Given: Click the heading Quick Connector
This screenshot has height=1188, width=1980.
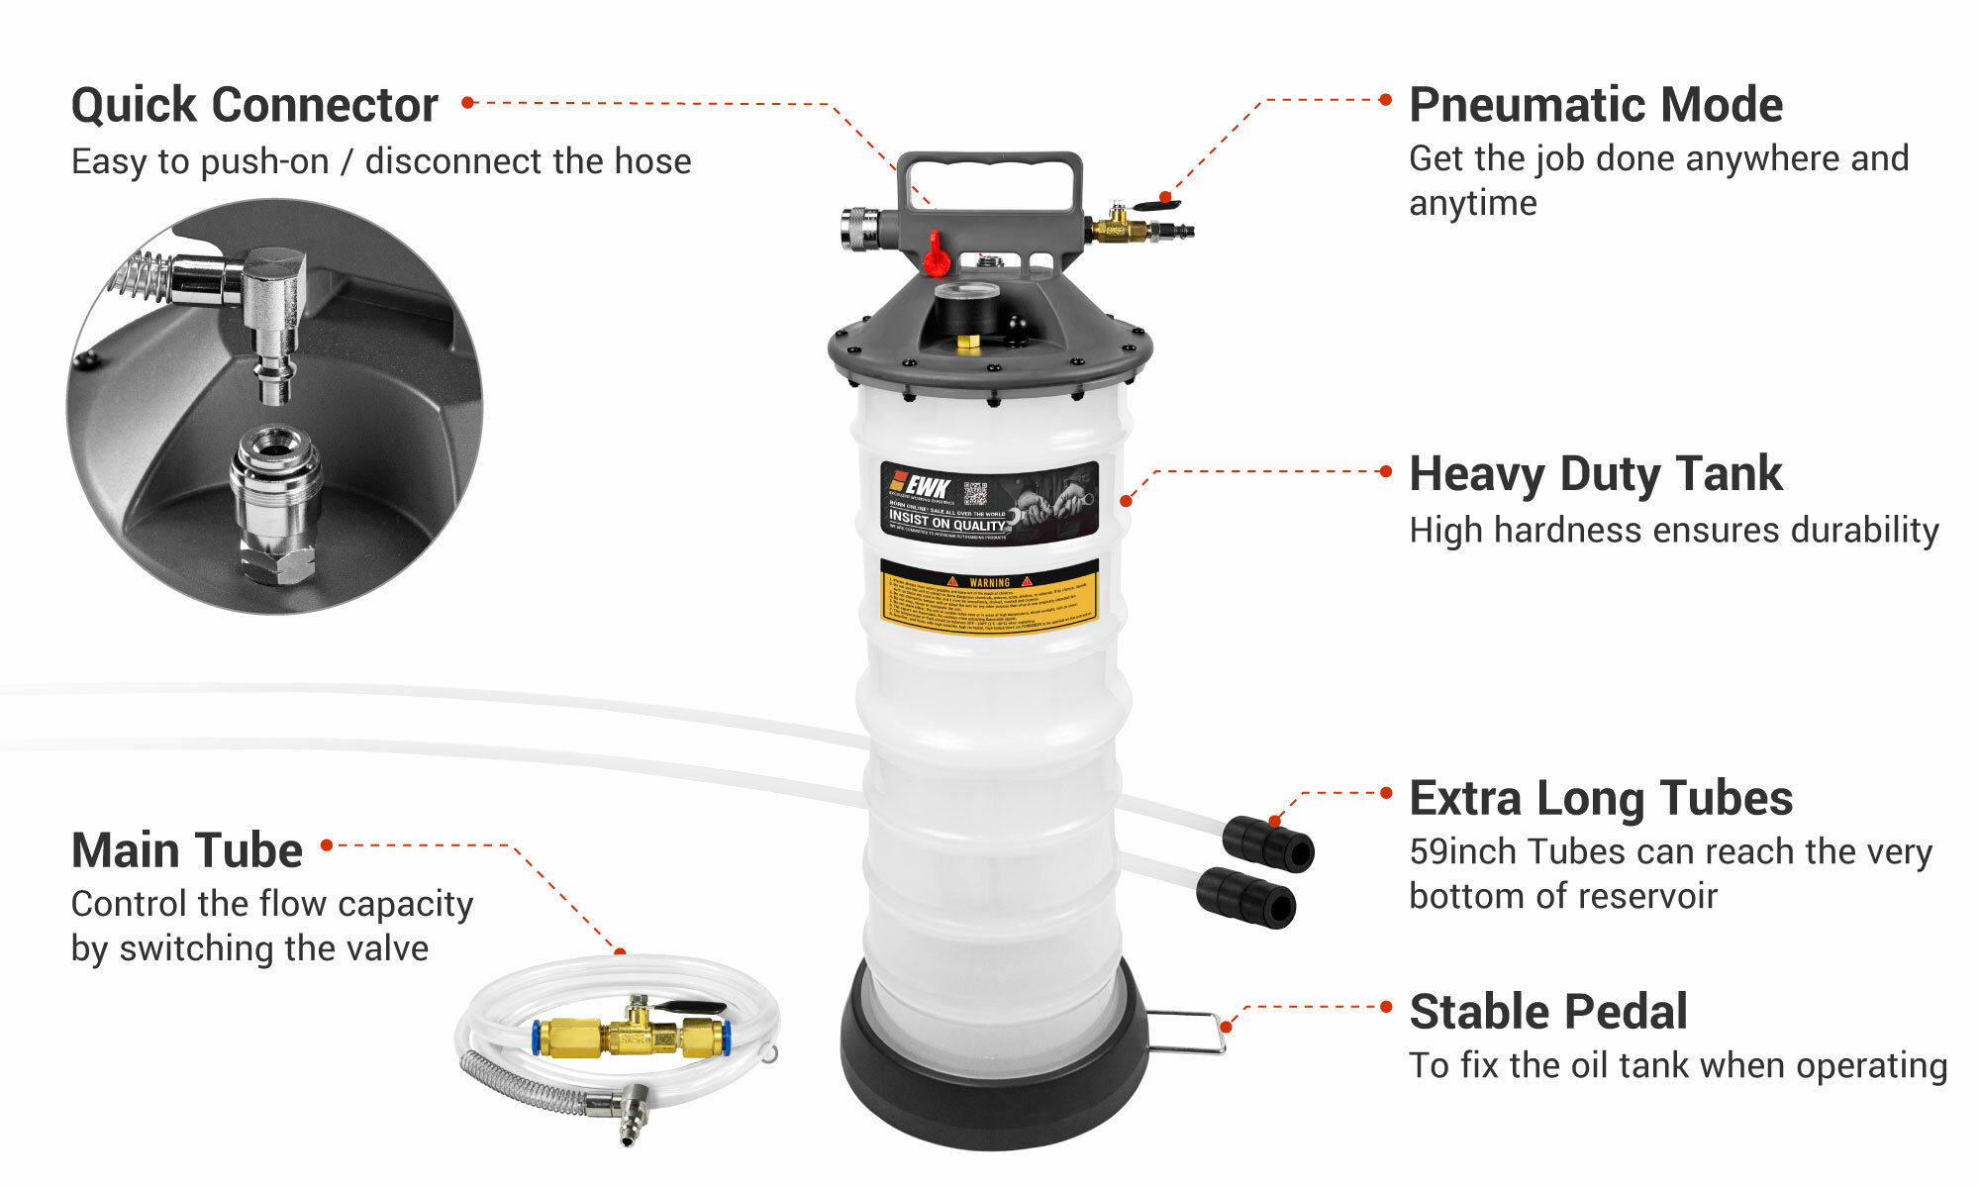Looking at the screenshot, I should (x=254, y=105).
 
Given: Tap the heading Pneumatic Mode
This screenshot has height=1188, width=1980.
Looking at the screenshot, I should (x=1595, y=105).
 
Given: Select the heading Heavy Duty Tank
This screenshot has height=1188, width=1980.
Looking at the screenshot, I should (x=1595, y=474).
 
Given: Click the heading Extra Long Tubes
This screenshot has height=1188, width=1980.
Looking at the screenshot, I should (x=1600, y=798).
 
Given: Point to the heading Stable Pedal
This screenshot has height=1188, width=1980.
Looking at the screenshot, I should (x=1547, y=1012).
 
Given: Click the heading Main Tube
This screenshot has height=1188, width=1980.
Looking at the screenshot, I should (x=186, y=850).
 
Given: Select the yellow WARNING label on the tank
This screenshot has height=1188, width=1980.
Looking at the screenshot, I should (x=989, y=596).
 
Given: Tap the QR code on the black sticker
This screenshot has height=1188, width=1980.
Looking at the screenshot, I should (x=975, y=493).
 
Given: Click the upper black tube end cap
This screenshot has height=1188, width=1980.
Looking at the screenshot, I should (x=1269, y=843).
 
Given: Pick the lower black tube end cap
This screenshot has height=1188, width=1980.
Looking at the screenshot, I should (x=1247, y=897).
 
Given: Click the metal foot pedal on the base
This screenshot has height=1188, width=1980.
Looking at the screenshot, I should (x=1188, y=1032).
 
